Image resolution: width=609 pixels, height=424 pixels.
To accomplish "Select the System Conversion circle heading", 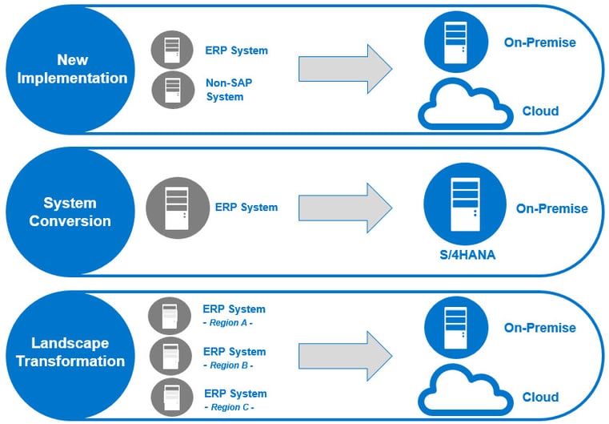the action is point(70,212).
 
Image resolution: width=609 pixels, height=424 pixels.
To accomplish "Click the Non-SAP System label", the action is point(229,90).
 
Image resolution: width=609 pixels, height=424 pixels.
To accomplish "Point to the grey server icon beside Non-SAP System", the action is point(173,90).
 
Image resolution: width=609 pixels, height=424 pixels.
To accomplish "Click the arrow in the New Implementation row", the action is point(345,69).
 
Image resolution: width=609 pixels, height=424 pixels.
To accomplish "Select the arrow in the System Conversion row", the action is point(345,208).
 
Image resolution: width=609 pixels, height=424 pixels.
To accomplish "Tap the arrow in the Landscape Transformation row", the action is point(345,356).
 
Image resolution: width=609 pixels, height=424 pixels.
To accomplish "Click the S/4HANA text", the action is point(467,255).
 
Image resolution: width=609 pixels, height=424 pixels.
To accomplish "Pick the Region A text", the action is point(228,323).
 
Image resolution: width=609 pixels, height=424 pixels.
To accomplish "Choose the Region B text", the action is point(228,365).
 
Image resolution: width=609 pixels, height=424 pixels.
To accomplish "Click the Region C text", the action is point(229,407).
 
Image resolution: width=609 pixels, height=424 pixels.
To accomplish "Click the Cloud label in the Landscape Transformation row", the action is point(541,398).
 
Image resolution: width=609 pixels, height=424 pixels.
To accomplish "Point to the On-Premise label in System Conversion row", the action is point(552,208).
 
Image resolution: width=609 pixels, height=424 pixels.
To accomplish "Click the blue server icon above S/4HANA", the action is point(465,204).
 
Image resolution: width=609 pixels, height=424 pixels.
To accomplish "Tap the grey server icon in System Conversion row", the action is point(178,208).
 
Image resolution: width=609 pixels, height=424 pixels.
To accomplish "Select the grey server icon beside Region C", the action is point(172,398).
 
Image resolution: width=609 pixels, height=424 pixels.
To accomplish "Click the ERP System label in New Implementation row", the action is point(237,50).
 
